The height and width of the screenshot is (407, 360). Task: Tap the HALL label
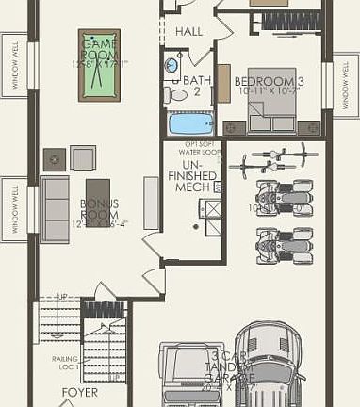189,31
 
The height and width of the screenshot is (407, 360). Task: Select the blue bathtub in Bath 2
190,124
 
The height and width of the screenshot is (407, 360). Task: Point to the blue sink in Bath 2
172,66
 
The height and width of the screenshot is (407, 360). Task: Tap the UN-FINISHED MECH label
193,175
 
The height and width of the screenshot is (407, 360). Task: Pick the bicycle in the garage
270,162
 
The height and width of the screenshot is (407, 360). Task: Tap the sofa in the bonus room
54,208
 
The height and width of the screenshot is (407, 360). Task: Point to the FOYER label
80,392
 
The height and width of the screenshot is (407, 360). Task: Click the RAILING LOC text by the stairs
67,364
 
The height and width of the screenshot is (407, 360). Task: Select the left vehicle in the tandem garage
191,375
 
